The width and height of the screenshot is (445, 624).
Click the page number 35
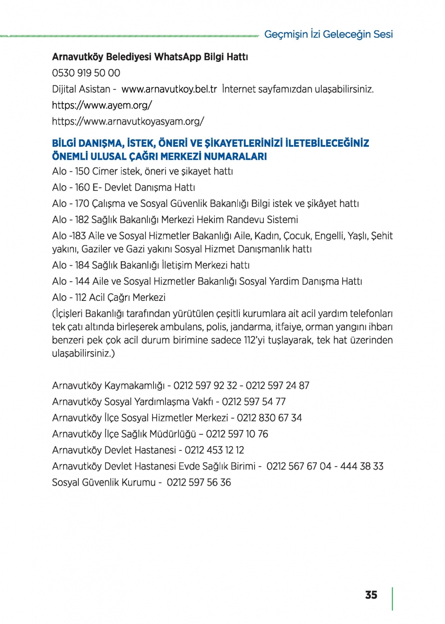(x=371, y=595)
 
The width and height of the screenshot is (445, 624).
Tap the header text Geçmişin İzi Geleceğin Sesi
(x=328, y=34)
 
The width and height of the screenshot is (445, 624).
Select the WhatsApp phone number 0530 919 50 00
(x=86, y=73)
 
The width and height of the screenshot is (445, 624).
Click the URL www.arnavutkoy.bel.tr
(x=169, y=89)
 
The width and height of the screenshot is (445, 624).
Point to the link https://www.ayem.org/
(x=102, y=105)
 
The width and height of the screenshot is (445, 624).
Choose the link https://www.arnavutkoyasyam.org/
(x=128, y=122)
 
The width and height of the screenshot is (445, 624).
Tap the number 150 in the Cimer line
(x=82, y=171)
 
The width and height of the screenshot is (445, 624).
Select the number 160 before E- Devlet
(x=82, y=187)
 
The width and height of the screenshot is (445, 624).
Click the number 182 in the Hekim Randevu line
(x=82, y=219)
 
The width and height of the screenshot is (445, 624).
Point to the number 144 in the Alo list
(x=82, y=281)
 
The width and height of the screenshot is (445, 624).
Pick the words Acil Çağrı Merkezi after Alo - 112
(x=127, y=297)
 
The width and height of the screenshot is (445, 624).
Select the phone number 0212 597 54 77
(x=254, y=401)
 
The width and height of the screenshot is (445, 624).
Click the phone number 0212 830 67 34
(x=269, y=418)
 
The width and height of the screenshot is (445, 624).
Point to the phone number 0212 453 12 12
(x=214, y=450)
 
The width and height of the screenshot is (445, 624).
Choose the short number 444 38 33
(x=362, y=466)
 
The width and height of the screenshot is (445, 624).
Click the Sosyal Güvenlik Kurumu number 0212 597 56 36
(x=199, y=482)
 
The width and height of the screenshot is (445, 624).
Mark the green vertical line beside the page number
(x=392, y=599)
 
